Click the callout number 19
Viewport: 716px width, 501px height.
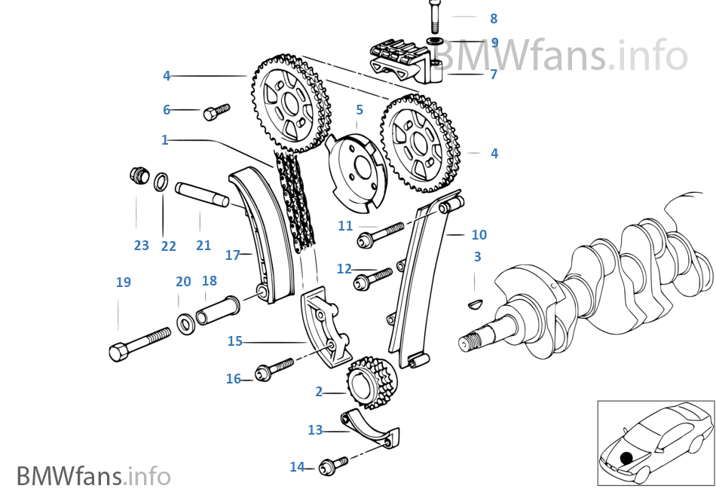[123, 283]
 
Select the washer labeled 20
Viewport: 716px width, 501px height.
[185, 324]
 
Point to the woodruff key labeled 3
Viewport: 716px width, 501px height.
[475, 304]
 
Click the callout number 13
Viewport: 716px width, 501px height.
[315, 430]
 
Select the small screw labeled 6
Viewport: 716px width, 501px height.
[215, 113]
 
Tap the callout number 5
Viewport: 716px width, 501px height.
[360, 110]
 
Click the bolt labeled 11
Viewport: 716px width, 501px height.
[383, 233]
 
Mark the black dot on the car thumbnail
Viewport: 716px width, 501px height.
[626, 457]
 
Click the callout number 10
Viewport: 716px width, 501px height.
[479, 235]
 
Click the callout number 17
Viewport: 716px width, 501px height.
[232, 255]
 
